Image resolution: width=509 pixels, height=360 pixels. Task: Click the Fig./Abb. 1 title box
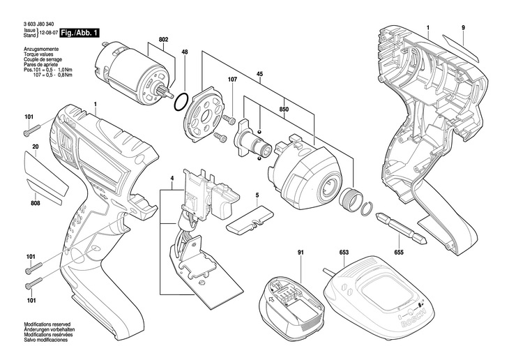point(80,33)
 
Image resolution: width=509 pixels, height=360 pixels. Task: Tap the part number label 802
point(164,40)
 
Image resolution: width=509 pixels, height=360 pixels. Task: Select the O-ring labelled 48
point(181,101)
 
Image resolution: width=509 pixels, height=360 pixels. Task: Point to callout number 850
point(284,110)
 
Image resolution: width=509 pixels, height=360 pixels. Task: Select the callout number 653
point(344,253)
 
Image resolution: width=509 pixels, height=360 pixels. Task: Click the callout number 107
point(233,80)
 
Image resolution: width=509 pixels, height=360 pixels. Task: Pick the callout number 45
point(259,74)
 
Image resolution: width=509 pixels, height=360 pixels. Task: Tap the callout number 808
point(36,204)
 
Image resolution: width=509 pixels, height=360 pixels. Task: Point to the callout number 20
point(36,147)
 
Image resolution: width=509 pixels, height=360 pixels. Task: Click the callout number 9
point(463,28)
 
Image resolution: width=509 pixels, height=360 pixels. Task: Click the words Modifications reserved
point(47,324)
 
